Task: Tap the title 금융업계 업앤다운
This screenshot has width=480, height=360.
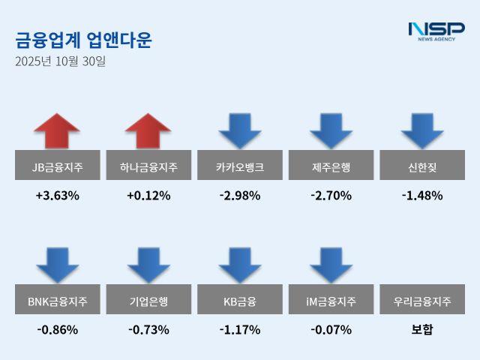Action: pyautogui.click(x=83, y=40)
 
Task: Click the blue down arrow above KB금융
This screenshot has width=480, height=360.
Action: pyautogui.click(x=240, y=265)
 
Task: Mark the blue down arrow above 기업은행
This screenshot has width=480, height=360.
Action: pyautogui.click(x=148, y=265)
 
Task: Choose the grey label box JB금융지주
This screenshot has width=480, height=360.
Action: pyautogui.click(x=57, y=165)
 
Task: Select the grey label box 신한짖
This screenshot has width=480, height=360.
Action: pyautogui.click(x=422, y=165)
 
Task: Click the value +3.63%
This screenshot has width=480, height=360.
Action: pyautogui.click(x=57, y=196)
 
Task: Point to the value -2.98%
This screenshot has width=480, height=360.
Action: pyautogui.click(x=240, y=196)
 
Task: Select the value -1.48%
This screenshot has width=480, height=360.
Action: pyautogui.click(x=422, y=196)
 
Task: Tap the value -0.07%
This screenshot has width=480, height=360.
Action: pyautogui.click(x=331, y=329)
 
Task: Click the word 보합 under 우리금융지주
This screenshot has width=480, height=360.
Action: pyautogui.click(x=422, y=329)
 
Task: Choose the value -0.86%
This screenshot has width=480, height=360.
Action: pyautogui.click(x=57, y=329)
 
